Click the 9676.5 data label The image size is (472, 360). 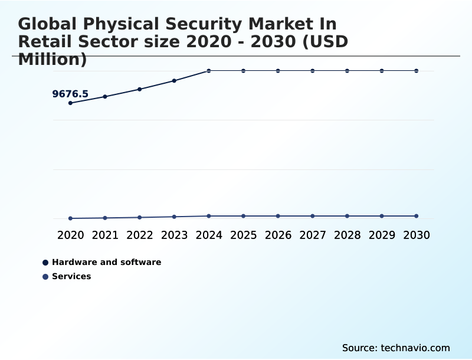[70, 94]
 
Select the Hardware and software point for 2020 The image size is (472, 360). [70, 103]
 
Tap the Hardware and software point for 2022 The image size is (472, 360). [140, 89]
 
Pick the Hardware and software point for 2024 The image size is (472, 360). [209, 71]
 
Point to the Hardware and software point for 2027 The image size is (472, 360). [313, 71]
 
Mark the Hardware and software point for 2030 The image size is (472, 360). [417, 71]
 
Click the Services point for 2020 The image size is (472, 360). [70, 218]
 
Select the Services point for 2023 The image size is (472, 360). [174, 217]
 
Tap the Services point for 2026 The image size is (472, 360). [278, 216]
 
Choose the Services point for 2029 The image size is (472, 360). [382, 216]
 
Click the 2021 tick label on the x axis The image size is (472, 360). [105, 235]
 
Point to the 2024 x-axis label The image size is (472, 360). [209, 235]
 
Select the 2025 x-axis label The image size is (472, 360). [243, 235]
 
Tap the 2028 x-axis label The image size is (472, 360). [347, 235]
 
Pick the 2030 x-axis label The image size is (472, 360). [417, 235]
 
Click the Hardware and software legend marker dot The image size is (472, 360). [45, 262]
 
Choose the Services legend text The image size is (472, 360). [71, 276]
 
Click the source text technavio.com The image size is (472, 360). [415, 348]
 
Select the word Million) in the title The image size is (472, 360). [53, 59]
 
